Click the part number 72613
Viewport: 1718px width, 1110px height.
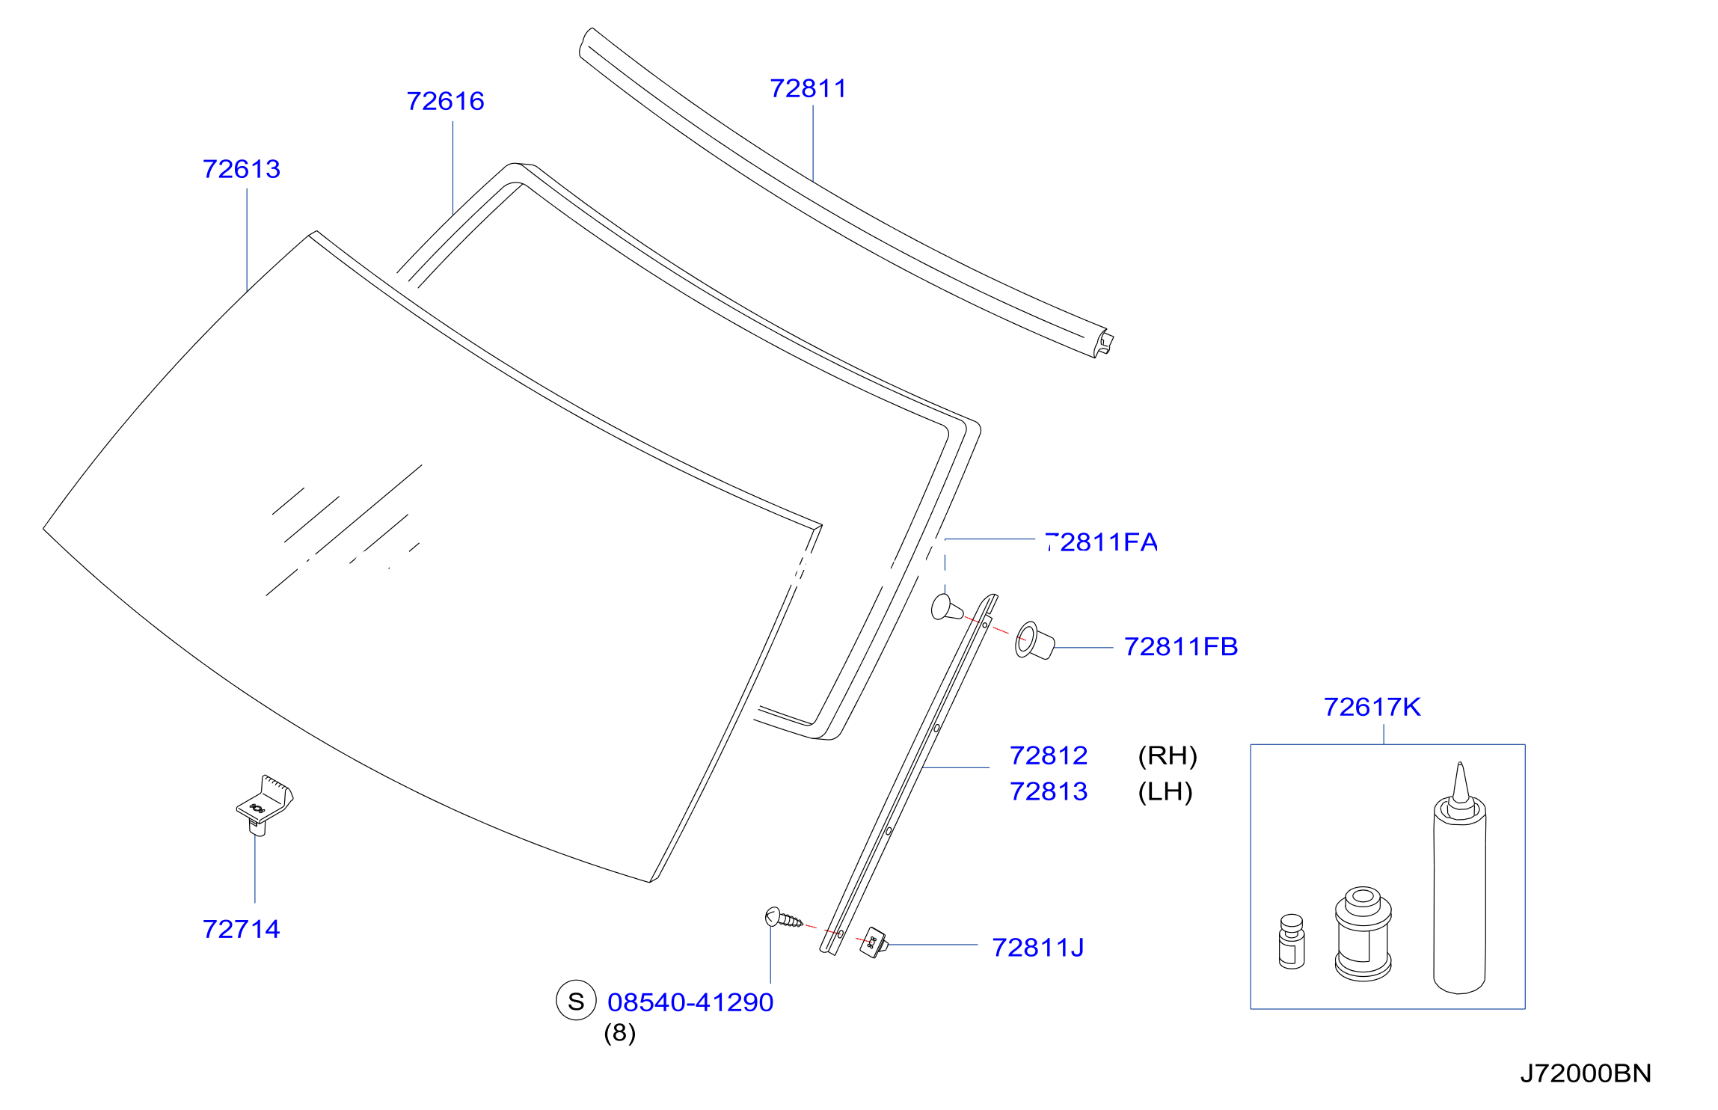coord(242,169)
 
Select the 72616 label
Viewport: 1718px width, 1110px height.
coord(445,101)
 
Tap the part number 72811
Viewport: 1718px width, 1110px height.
coord(809,88)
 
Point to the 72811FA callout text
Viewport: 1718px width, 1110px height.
coord(1101,542)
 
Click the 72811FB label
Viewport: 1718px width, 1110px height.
coord(1181,646)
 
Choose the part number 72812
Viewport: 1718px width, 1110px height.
coord(1049,755)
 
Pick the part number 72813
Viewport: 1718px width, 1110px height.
coord(1049,791)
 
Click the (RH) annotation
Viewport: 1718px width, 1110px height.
coord(1168,755)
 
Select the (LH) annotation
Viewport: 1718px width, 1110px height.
coord(1165,791)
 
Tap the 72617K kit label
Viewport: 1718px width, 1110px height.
coord(1372,707)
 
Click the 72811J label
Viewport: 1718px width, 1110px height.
coord(1038,948)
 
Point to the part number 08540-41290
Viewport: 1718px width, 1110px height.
coord(690,1002)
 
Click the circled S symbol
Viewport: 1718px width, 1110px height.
coord(576,1001)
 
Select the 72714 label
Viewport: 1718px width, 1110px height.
coord(241,929)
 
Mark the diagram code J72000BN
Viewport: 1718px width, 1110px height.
coord(1586,1073)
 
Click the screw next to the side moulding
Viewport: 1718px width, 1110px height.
coord(783,918)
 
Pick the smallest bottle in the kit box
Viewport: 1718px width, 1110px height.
coord(1292,941)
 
